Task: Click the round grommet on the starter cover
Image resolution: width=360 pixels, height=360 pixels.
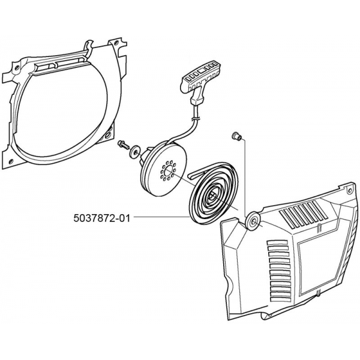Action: point(253,221)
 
